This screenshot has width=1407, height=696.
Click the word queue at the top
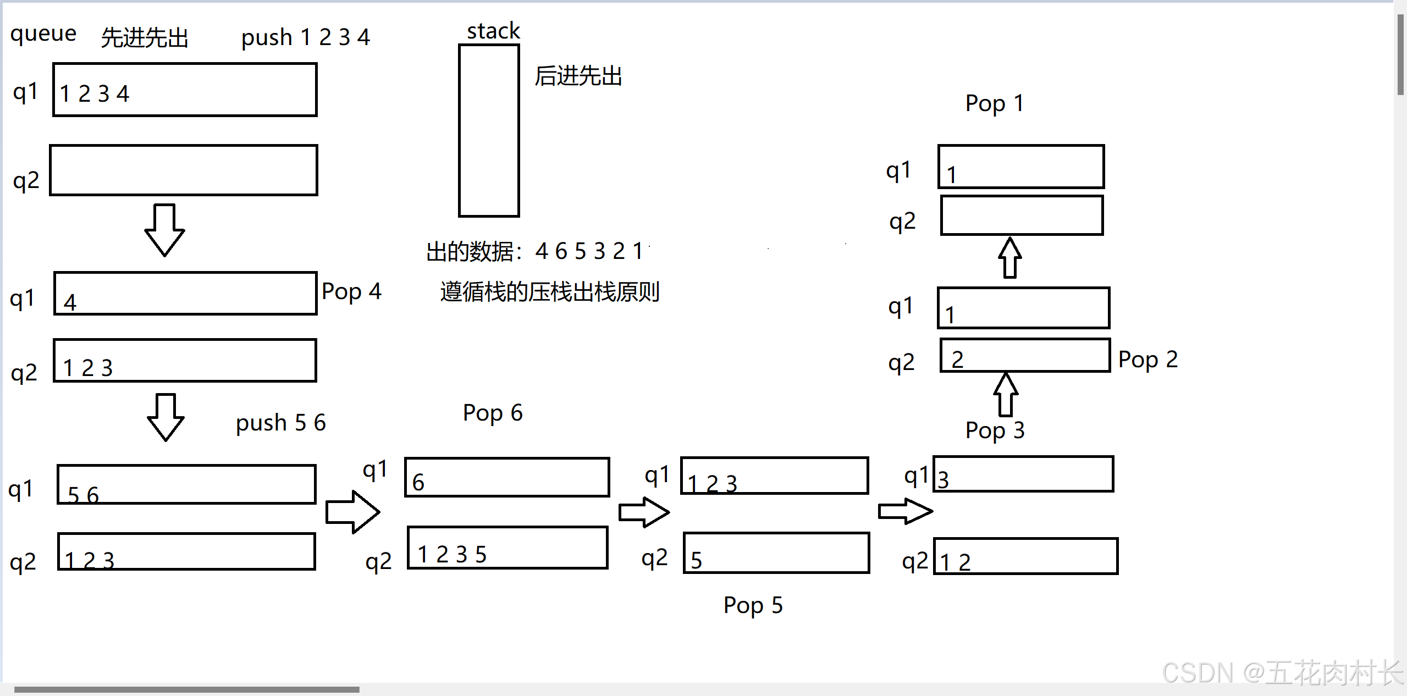pos(43,34)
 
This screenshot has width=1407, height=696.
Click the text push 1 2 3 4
pos(305,37)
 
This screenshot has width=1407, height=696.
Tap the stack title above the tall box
pos(493,31)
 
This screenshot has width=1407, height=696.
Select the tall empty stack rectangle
pos(489,130)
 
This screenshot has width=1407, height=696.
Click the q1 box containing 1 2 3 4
pos(185,90)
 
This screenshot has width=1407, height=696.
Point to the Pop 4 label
pos(351,291)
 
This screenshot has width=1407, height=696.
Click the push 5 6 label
pos(280,423)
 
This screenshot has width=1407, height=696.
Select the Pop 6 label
pos(492,413)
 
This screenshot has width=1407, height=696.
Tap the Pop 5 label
pos(753,605)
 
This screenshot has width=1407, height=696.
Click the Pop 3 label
pos(995,430)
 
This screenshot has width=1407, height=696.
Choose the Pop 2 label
pos(1147,360)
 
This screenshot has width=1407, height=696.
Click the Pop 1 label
pos(994,103)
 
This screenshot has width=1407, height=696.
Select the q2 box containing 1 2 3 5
pos(507,548)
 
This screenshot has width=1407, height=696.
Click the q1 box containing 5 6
pos(186,484)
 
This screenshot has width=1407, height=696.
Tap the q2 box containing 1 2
pos(1025,556)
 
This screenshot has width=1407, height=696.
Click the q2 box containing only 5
pos(776,553)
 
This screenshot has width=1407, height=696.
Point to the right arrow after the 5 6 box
pos(352,512)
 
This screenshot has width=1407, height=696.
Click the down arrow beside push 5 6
pos(165,417)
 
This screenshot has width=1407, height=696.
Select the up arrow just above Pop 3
pos(1006,394)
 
